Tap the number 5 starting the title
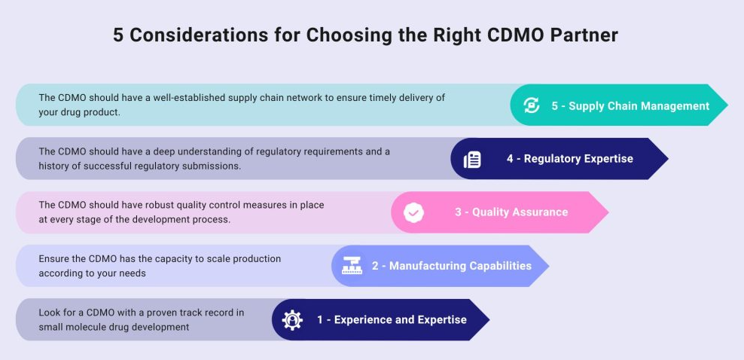(x=118, y=35)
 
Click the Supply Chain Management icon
(x=532, y=105)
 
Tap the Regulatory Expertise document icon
(x=472, y=160)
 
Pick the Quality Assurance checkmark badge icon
(x=413, y=213)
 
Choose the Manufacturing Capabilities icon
(x=352, y=266)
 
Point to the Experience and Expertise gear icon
(x=292, y=320)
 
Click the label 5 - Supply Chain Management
(x=630, y=105)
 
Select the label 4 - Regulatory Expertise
(x=569, y=158)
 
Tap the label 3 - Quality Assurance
(x=511, y=212)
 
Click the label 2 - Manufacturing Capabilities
(x=452, y=266)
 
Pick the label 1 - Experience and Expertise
(x=392, y=319)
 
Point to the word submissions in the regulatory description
(x=215, y=166)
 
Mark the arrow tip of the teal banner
(x=728, y=105)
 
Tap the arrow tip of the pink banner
(x=608, y=212)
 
